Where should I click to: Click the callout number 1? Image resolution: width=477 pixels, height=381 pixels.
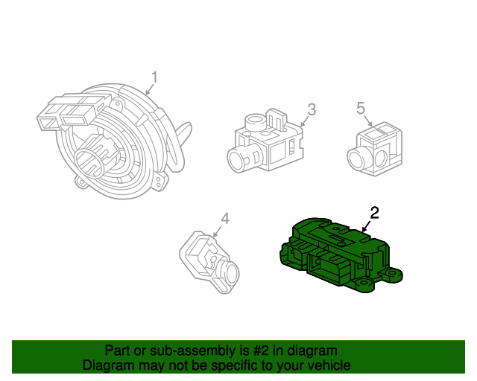tap(155, 77)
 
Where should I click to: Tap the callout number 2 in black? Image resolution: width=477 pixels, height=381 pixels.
tap(374, 213)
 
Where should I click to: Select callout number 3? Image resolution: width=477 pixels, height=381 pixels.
tap(312, 109)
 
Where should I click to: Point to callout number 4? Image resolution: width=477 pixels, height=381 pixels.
tap(225, 219)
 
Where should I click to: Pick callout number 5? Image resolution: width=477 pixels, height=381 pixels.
tap(361, 108)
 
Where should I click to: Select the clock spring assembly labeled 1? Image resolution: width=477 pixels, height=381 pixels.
tap(114, 141)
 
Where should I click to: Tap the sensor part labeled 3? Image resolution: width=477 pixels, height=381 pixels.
tap(265, 141)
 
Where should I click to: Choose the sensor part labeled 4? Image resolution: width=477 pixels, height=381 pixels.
tap(209, 262)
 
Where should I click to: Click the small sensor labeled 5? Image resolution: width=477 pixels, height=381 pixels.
tap(375, 149)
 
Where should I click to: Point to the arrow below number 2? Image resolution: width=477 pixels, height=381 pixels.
tap(366, 227)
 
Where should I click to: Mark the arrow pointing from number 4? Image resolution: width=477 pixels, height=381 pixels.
tap(217, 231)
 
